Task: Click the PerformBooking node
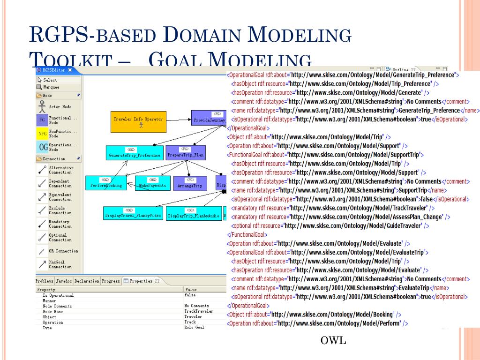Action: pyautogui.click(x=106, y=183)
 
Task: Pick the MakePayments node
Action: pyautogui.click(x=152, y=183)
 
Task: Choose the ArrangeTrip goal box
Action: pyautogui.click(x=190, y=183)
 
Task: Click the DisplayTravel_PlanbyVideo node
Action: pyautogui.click(x=133, y=213)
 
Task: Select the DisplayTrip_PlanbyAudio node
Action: pyautogui.click(x=194, y=213)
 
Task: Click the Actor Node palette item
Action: pyautogui.click(x=60, y=107)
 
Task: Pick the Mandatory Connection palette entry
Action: pyautogui.click(x=60, y=224)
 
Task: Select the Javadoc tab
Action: pyautogui.click(x=64, y=281)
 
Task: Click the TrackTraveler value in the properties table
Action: pyautogui.click(x=198, y=311)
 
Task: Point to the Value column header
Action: pyautogui.click(x=191, y=290)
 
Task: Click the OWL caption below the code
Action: pyautogui.click(x=333, y=340)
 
